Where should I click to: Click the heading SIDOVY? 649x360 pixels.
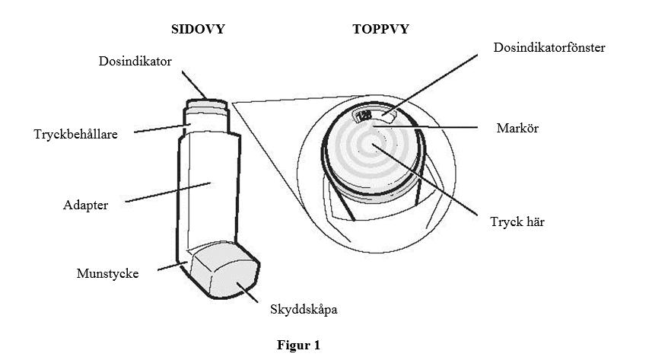point(198,29)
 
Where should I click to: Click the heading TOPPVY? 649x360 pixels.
point(380,29)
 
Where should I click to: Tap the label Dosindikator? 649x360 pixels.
point(135,62)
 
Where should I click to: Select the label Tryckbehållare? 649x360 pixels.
point(76,134)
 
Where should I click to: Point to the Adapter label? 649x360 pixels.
point(85,205)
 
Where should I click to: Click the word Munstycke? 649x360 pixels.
point(107,273)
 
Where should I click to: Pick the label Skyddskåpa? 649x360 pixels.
point(304,310)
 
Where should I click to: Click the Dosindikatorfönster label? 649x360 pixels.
point(549,48)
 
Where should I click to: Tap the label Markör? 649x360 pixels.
point(517,128)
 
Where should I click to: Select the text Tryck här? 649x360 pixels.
point(517,221)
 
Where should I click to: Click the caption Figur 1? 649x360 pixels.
point(298,345)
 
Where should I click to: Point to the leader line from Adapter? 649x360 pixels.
point(168,193)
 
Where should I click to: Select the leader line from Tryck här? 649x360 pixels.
point(425,180)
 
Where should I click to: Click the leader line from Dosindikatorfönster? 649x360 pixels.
point(430,84)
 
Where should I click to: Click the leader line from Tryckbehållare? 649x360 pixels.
point(162,129)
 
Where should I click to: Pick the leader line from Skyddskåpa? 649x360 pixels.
point(247,293)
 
